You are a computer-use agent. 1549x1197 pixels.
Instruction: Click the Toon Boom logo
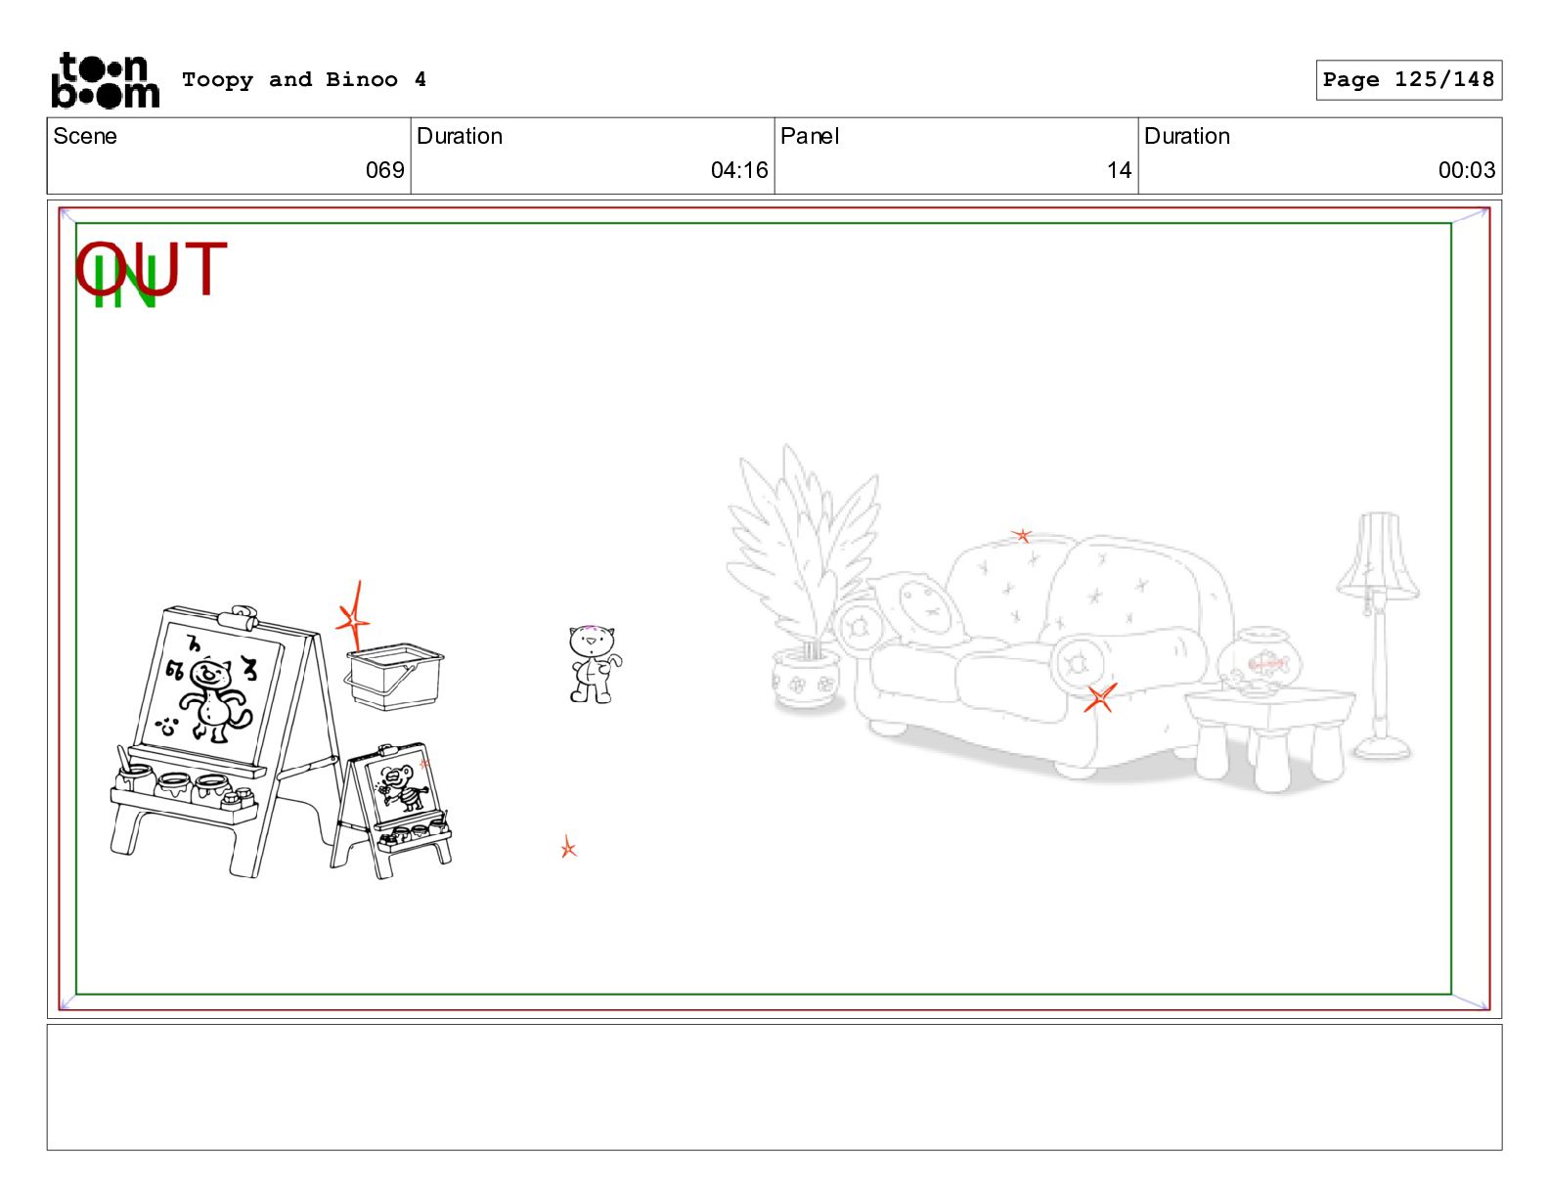point(105,80)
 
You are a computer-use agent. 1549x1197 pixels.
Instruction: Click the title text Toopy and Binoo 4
point(304,79)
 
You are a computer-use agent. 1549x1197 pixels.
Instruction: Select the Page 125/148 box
point(1408,80)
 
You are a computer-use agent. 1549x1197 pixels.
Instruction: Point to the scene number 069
point(384,170)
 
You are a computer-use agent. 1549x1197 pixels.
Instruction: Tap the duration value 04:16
point(738,170)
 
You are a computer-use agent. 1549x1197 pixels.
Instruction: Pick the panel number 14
point(1119,170)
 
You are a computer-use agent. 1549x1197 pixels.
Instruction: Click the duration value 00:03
point(1466,170)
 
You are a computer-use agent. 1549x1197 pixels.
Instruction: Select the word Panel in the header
point(809,136)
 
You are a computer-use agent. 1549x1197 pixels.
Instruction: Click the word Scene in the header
point(85,136)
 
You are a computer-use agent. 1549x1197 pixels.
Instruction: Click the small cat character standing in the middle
point(594,664)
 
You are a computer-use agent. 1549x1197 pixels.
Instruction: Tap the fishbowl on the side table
point(1259,660)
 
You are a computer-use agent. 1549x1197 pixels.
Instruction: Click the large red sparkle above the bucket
point(354,616)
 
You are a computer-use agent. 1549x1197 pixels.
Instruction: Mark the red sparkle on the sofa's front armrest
point(1100,696)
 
